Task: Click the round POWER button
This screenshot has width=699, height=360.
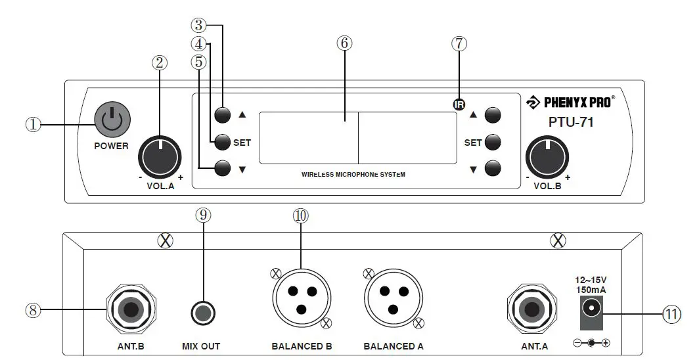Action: (x=112, y=121)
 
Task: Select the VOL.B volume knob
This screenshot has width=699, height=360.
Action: (x=548, y=156)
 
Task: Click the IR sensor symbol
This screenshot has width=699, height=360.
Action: (x=459, y=104)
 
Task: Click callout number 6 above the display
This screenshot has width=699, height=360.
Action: (x=344, y=43)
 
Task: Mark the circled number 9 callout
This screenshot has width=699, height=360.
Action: (x=203, y=215)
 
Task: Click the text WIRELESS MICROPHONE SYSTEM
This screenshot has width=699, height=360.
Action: (x=353, y=175)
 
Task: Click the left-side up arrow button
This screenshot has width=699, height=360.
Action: (x=223, y=114)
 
